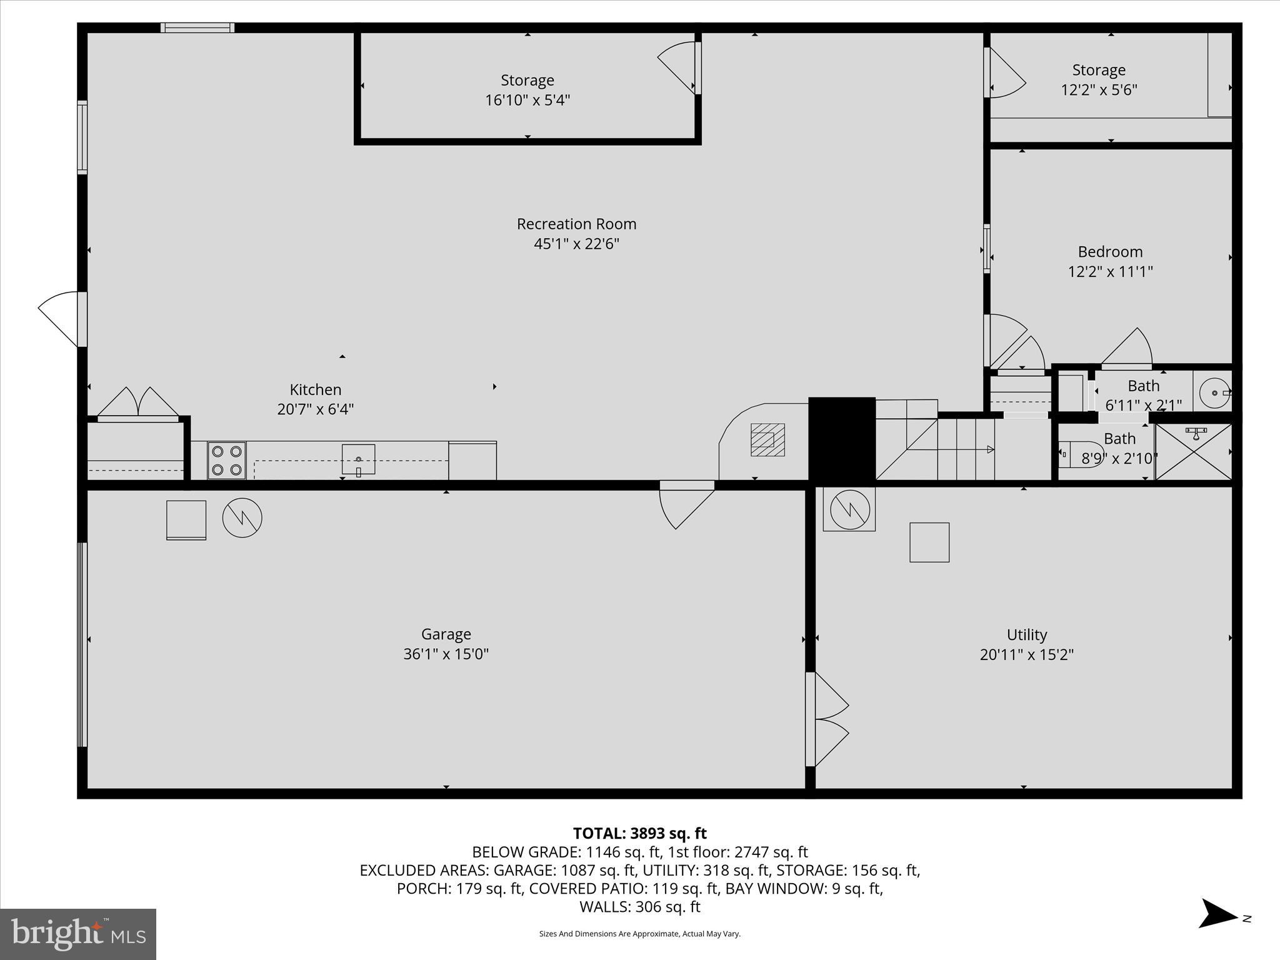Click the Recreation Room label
pyautogui.click(x=576, y=224)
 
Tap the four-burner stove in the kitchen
pyautogui.click(x=227, y=460)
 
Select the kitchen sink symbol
pyautogui.click(x=358, y=459)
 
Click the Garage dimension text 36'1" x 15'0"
pyautogui.click(x=446, y=654)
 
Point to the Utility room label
pyautogui.click(x=1026, y=634)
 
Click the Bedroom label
pyautogui.click(x=1110, y=252)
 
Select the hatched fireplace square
pyautogui.click(x=767, y=439)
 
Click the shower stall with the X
pyautogui.click(x=1193, y=452)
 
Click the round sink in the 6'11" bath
pyautogui.click(x=1215, y=392)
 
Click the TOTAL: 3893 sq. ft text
pyautogui.click(x=639, y=833)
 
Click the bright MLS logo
pyautogui.click(x=78, y=934)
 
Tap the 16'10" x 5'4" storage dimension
pyautogui.click(x=527, y=100)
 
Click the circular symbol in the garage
pyautogui.click(x=242, y=517)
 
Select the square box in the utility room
pyautogui.click(x=929, y=542)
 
